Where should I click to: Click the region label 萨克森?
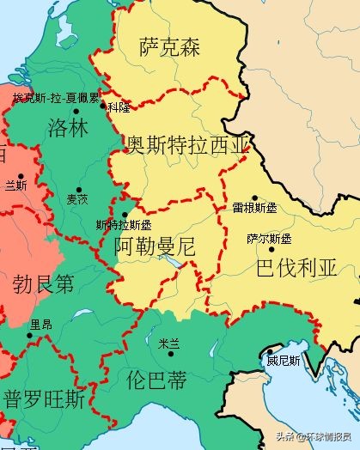point(169,48)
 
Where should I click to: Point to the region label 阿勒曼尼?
point(155,246)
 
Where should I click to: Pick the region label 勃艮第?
point(44,284)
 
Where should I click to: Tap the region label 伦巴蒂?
point(155,377)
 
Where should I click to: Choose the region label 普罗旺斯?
point(45,399)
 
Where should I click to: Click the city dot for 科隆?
point(104,106)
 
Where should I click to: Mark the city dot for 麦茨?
point(79,189)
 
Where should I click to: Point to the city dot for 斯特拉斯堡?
point(125,215)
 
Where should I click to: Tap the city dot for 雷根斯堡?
point(254,198)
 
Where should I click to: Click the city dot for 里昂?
point(29,335)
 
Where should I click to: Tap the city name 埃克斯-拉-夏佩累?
point(56,99)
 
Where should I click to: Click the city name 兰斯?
point(15,184)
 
